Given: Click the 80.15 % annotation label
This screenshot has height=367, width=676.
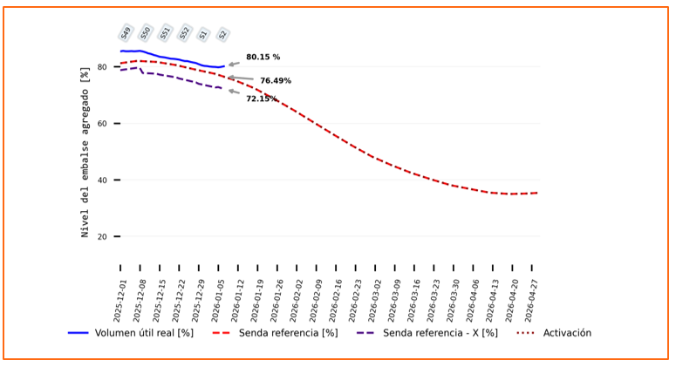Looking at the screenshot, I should pos(263,58).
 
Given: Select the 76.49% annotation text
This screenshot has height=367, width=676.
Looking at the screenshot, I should pos(276,81).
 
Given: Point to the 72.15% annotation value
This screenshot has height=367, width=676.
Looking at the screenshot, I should pos(262,99).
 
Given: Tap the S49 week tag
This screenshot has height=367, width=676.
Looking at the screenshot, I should pos(126,33).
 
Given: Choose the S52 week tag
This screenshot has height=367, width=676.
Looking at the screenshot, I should pos(184,33).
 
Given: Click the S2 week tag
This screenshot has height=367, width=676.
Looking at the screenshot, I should pos(222,35).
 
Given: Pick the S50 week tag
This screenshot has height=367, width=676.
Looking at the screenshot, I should pos(146,33).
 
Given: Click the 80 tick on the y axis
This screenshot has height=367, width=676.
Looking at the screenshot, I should pos(102,67).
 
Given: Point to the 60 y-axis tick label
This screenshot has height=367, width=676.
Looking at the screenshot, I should pos(102,124).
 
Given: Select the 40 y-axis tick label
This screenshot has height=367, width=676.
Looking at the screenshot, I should pos(102,180).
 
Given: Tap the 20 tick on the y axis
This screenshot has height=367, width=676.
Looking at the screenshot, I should pos(102,237).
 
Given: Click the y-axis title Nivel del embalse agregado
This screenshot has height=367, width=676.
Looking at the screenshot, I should pos(85,152).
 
